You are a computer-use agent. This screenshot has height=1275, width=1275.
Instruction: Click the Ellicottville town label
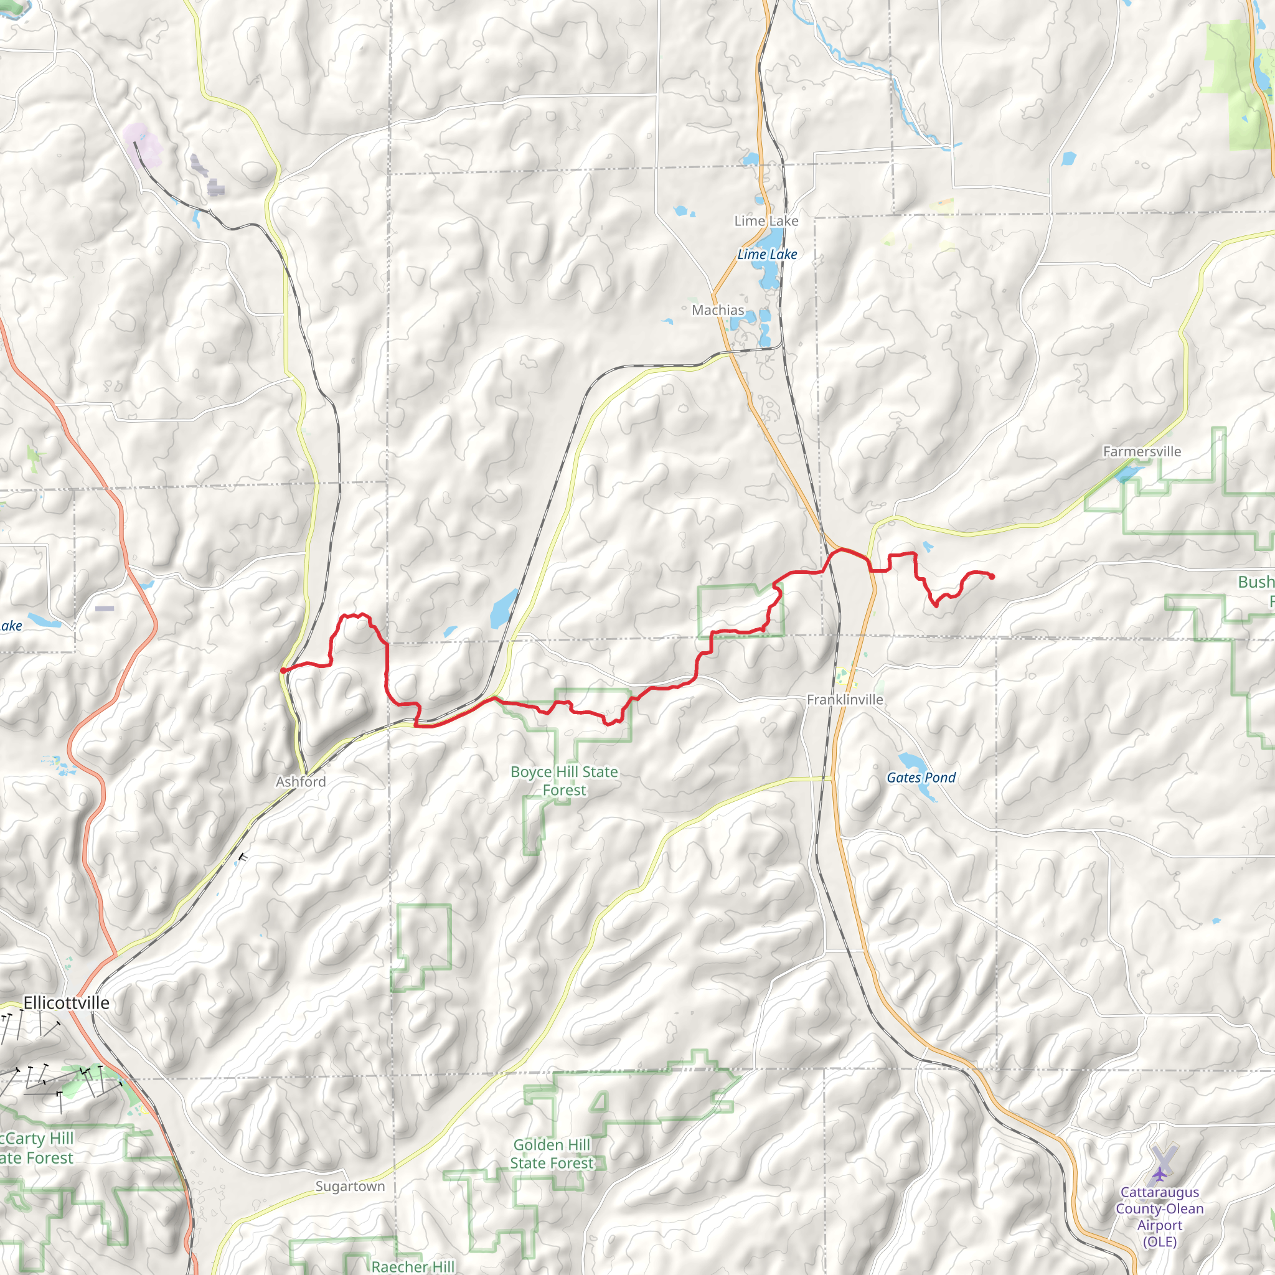(66, 1002)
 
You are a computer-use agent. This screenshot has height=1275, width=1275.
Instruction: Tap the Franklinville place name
(845, 700)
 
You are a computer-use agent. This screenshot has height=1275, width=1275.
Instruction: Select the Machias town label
(717, 310)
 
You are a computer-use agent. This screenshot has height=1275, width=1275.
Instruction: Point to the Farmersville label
(1142, 451)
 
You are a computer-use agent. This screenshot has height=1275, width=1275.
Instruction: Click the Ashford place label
(300, 781)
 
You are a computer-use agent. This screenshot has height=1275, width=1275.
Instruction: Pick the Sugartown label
(350, 1186)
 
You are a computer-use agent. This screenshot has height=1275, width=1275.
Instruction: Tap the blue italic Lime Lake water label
(767, 254)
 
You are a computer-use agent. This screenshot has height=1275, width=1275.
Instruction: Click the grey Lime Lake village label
(766, 221)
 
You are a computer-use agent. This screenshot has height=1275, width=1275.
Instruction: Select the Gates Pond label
(921, 778)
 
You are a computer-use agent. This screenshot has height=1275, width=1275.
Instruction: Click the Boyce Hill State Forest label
(564, 781)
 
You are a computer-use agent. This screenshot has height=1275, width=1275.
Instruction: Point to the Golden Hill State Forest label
(552, 1154)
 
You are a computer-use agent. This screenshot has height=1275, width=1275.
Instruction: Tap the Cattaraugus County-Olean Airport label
(1159, 1217)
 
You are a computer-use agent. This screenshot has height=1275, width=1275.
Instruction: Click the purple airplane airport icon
(1159, 1174)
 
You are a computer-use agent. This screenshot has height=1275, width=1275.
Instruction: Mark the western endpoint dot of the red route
(283, 670)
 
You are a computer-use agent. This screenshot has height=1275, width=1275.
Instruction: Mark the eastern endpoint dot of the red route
(992, 576)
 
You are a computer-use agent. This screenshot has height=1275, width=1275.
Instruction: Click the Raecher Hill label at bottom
(413, 1266)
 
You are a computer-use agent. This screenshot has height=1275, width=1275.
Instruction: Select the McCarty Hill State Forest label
(36, 1147)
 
